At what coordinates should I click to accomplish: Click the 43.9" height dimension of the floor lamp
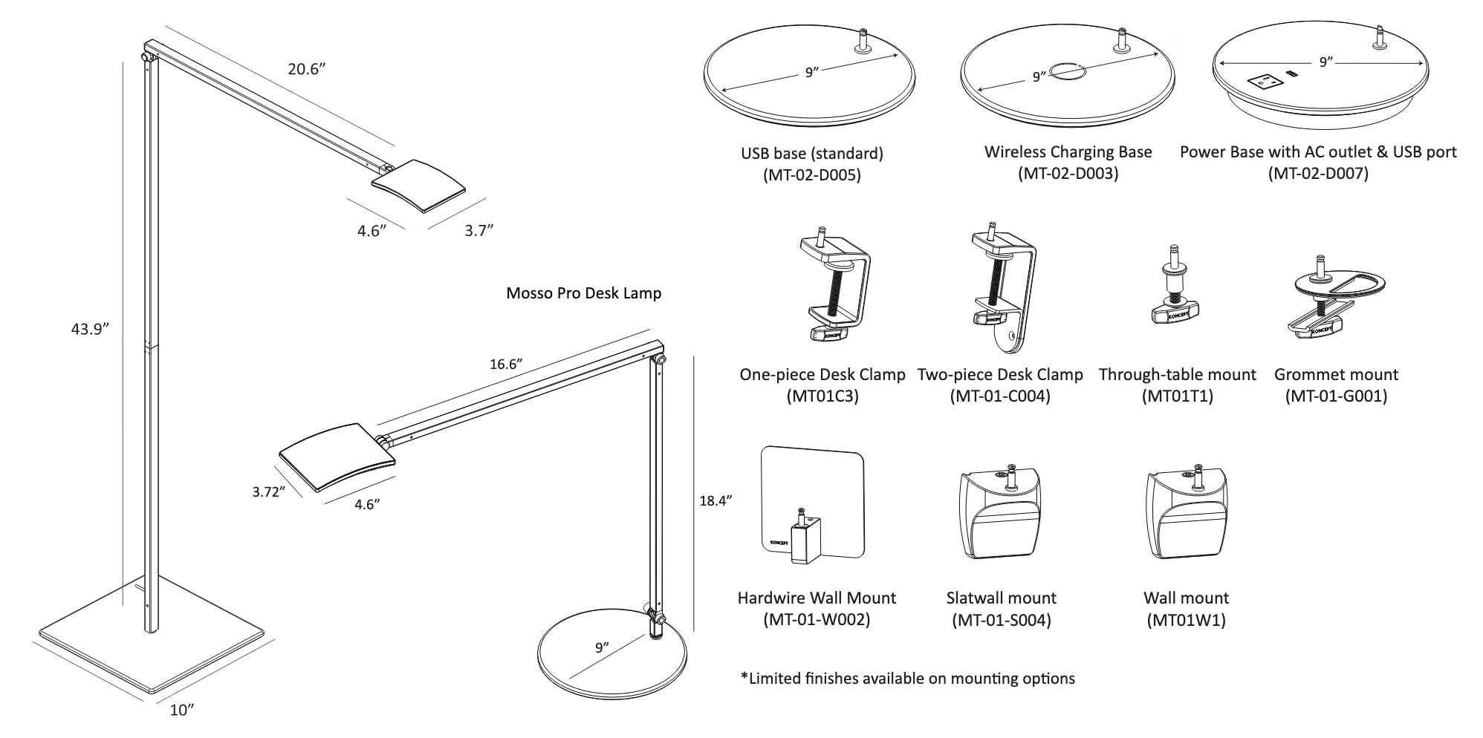coord(90,329)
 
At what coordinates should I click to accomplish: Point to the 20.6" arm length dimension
coord(307,70)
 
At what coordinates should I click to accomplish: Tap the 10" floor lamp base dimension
coord(182,710)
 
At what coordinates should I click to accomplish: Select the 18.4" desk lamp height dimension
coord(715,500)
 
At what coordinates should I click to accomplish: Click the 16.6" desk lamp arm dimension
coord(505,364)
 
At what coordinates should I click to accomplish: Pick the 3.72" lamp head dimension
coord(268,492)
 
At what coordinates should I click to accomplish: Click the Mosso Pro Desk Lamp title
coord(583,293)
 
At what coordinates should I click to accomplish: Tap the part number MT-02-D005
coord(811,175)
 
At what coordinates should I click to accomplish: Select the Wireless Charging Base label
coord(1068,152)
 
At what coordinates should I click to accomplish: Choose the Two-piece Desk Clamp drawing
coord(1004,290)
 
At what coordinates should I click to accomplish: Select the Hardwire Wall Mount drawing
coord(813,503)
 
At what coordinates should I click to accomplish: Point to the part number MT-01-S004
coord(1001,620)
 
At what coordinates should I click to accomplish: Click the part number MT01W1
coord(1186,620)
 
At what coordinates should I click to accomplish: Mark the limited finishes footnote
coord(907,678)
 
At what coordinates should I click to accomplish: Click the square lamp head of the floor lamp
coord(420,183)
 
